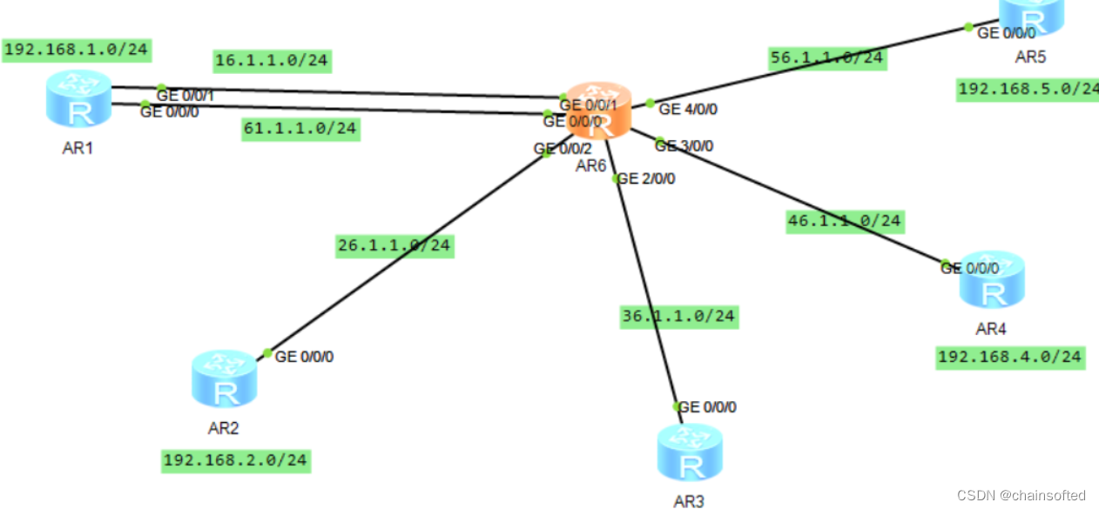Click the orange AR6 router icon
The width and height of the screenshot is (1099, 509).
click(x=597, y=110)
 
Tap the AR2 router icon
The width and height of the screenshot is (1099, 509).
click(x=225, y=379)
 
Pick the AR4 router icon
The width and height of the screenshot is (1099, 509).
click(x=992, y=280)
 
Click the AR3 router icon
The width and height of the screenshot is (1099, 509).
click(x=690, y=452)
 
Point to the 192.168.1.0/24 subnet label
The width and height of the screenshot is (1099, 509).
click(x=76, y=50)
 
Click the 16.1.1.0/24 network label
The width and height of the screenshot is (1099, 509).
click(x=272, y=61)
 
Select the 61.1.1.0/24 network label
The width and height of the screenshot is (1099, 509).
click(x=300, y=130)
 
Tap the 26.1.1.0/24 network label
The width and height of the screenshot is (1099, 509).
click(x=394, y=245)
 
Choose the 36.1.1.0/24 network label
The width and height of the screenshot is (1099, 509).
click(x=678, y=316)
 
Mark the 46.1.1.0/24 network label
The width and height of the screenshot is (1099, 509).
click(x=844, y=221)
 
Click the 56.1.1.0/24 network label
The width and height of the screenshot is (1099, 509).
click(x=826, y=58)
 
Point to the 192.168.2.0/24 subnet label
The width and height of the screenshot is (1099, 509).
click(x=235, y=460)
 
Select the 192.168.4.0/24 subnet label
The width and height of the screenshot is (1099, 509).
click(x=1010, y=357)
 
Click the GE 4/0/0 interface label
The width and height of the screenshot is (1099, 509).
click(x=688, y=110)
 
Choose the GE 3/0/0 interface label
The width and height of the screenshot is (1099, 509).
click(x=684, y=145)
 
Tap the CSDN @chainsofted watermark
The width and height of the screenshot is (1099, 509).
click(x=1021, y=495)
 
